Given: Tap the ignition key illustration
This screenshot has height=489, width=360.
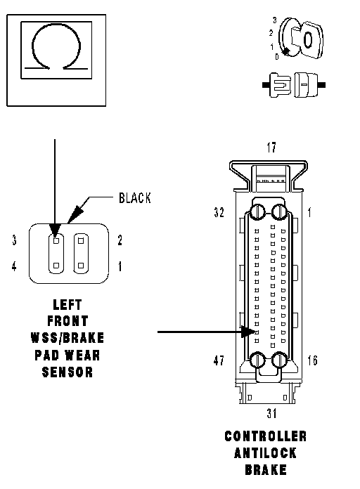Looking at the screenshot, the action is coord(300,39).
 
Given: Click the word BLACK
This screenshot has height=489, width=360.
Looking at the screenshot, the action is coord(134,198).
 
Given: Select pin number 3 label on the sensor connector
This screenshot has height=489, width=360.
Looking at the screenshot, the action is coord(14,240).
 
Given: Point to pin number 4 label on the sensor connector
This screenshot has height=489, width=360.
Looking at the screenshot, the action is coord(14,266).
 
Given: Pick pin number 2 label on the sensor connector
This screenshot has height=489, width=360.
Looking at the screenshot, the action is coord(120,240).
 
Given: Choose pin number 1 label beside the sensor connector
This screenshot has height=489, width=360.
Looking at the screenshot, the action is coord(120,266).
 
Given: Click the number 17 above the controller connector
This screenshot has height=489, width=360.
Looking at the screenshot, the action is coord(271,148).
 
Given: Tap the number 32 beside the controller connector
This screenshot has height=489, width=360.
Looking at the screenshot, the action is coord(219,212).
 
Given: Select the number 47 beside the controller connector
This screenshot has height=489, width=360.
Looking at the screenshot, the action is coord(219,360).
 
